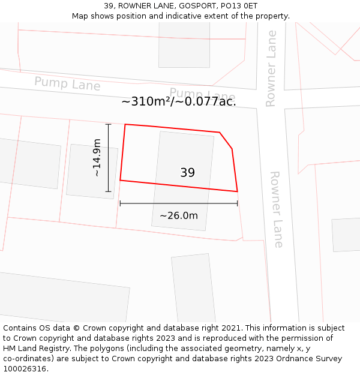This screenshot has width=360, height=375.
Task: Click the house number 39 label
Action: pyautogui.click(x=187, y=173)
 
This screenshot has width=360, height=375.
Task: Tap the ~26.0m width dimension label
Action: pyautogui.click(x=178, y=215)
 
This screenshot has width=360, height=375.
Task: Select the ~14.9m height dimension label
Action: pyautogui.click(x=97, y=158)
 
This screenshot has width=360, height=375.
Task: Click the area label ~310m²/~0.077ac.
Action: pyautogui.click(x=179, y=101)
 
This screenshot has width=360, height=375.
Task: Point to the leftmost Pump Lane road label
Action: pyautogui.click(x=67, y=84)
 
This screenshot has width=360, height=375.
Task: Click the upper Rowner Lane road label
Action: pyautogui.click(x=271, y=68)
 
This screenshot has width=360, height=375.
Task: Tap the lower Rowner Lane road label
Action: pyautogui.click(x=275, y=209)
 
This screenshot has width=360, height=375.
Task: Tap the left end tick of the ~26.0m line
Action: pyautogui.click(x=120, y=203)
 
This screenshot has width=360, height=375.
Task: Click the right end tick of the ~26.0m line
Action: pyautogui.click(x=238, y=203)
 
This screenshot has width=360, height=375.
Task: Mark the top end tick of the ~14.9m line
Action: pyautogui.click(x=109, y=124)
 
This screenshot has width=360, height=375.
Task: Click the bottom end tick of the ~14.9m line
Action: pyautogui.click(x=109, y=192)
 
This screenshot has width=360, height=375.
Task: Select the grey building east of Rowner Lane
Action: pyautogui.click(x=346, y=235)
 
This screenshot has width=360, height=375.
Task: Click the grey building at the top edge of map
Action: pyautogui.click(x=184, y=45)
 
